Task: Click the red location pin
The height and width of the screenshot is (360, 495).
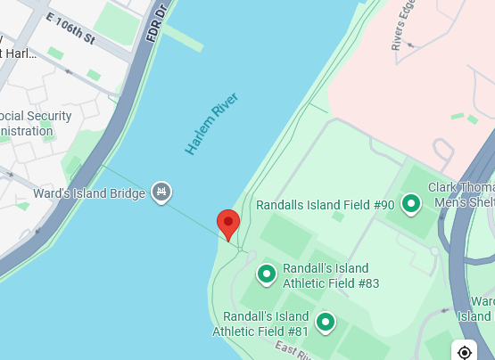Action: pyautogui.click(x=228, y=224)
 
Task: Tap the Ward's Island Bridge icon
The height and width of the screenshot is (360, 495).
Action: pyautogui.click(x=161, y=192)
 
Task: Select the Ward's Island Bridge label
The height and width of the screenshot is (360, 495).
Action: pyautogui.click(x=89, y=192)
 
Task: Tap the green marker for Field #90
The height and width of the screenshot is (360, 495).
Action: pyautogui.click(x=411, y=205)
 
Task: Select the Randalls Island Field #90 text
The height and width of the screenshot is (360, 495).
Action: pyautogui.click(x=325, y=205)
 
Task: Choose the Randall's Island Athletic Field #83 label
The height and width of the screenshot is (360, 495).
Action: pyautogui.click(x=331, y=276)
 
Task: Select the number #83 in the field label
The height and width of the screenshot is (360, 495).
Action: pyautogui.click(x=367, y=283)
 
